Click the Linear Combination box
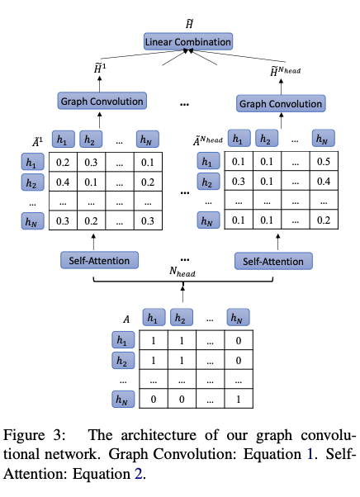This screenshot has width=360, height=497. click(187, 41)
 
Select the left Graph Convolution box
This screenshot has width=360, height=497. click(102, 102)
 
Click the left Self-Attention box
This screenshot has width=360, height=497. click(96, 261)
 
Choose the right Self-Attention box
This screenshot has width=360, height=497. click(274, 261)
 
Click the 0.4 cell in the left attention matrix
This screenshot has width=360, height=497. click(61, 182)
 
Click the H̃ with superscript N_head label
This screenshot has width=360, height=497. click(286, 72)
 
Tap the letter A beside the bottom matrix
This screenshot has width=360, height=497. click(126, 319)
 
